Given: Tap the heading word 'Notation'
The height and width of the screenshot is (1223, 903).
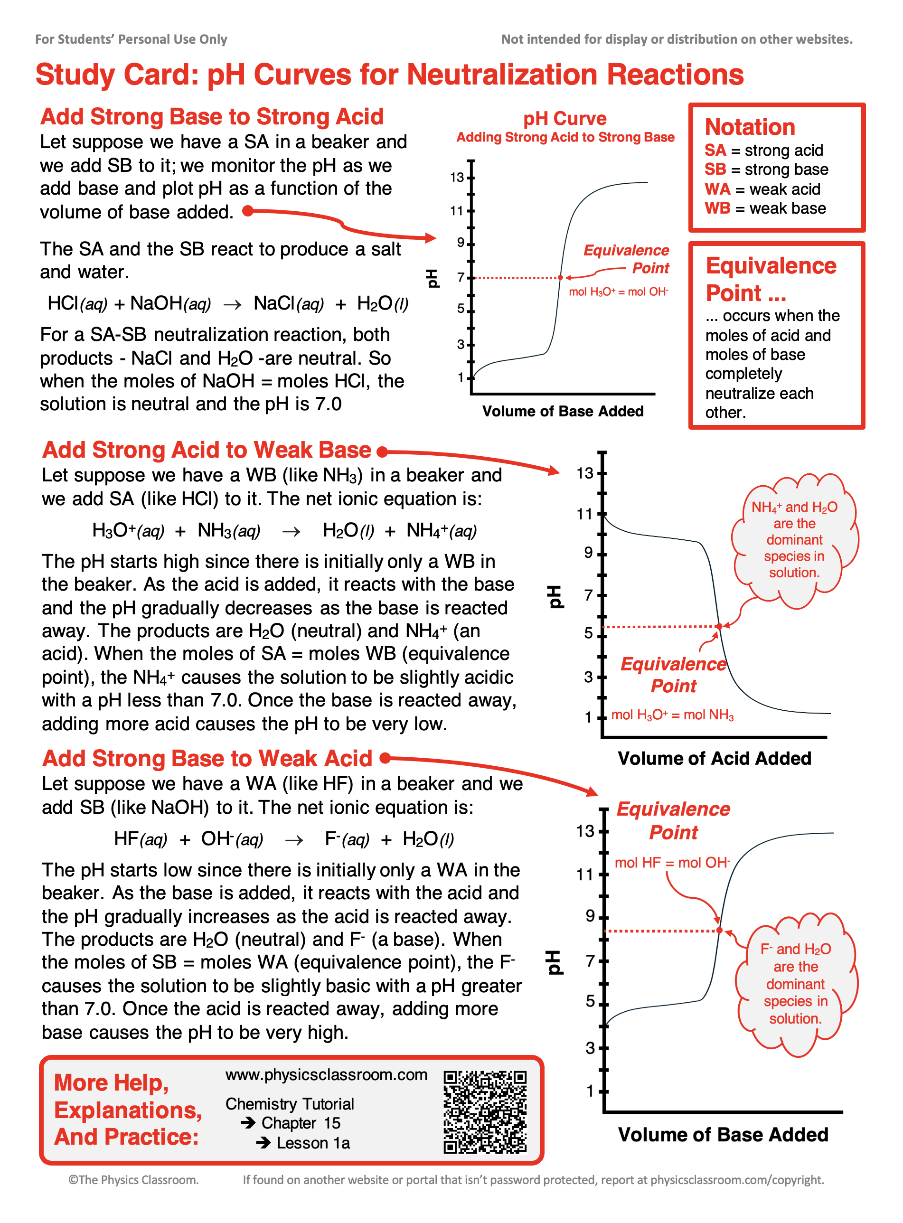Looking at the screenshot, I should pos(749,127).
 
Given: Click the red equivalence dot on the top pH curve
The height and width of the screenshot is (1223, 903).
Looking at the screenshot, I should pos(560,278).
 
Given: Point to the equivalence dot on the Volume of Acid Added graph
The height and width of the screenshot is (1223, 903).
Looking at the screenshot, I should pos(719,626).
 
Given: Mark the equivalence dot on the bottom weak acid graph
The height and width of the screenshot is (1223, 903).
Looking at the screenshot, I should pos(719,930).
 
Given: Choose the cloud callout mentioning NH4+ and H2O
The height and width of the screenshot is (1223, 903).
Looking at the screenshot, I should pos(794,540).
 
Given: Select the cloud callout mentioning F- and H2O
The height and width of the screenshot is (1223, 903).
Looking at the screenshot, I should pos(795,984).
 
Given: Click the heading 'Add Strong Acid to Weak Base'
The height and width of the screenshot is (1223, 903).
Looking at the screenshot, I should pos(207,450).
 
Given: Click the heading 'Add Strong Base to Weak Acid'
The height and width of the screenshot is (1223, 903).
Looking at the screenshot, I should pos(207,759).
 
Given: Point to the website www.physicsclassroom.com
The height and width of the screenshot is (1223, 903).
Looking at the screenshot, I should pos(326,1075).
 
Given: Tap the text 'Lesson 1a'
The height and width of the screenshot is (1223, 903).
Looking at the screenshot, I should pos(313,1143).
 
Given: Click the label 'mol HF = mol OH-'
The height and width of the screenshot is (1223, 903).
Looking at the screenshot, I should pos(672,863).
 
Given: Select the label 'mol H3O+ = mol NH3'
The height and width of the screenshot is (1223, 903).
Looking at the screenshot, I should pos(672,715).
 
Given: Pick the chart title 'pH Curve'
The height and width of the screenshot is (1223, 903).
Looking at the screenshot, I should pos(564,119).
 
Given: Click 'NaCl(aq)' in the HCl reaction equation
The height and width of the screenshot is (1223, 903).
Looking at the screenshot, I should pos(288,303).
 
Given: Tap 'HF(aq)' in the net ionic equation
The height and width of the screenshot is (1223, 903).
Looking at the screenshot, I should pos(141,839).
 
